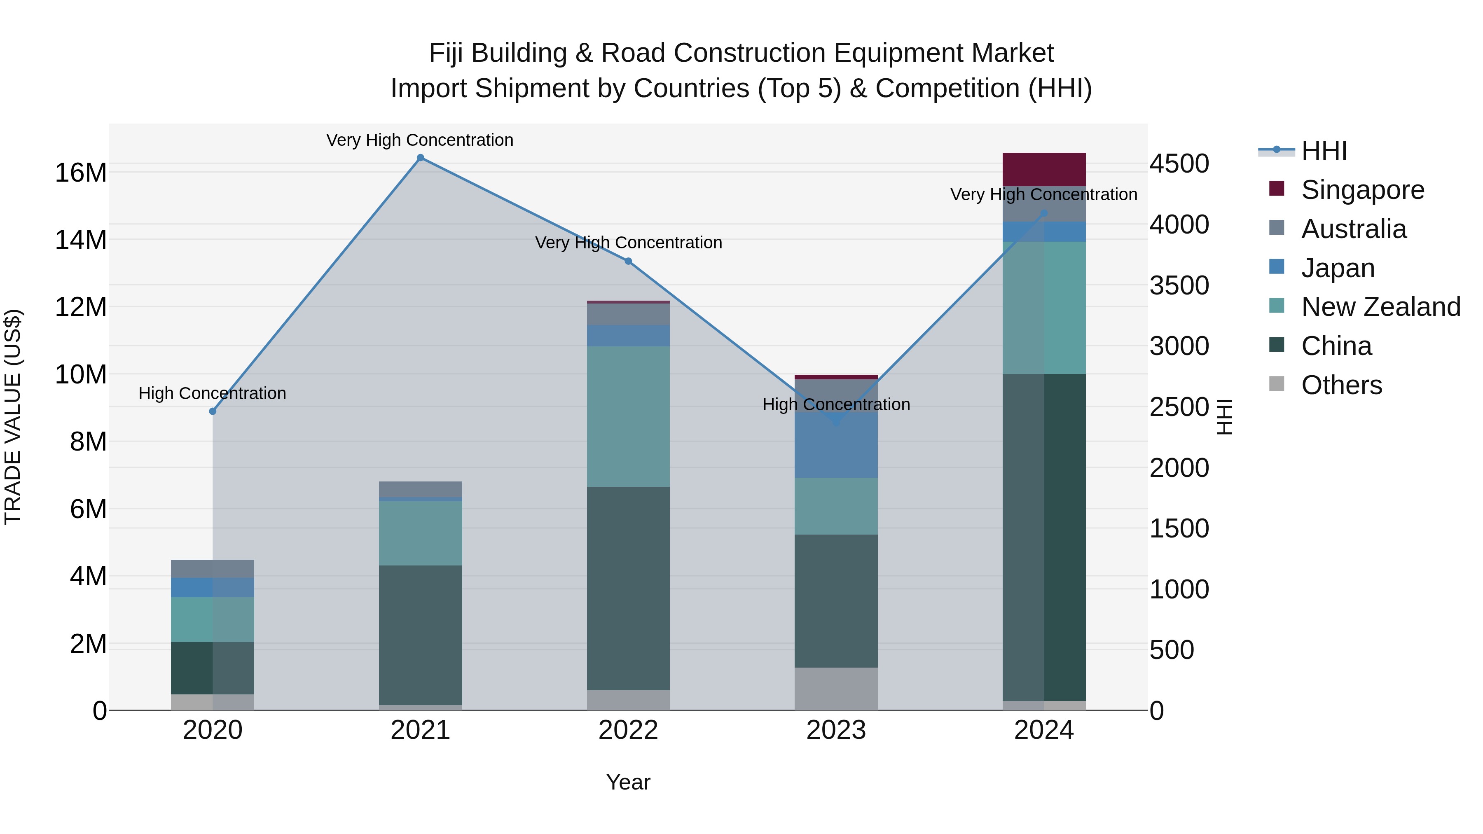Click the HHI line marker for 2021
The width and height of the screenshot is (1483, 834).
(x=420, y=158)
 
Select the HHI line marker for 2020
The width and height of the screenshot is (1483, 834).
(x=213, y=411)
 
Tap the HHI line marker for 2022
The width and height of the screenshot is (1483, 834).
(x=628, y=261)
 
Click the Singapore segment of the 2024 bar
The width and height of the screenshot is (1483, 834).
(x=1044, y=169)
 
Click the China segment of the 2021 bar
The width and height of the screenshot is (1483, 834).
(x=420, y=634)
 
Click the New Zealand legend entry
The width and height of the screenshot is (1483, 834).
(x=1380, y=307)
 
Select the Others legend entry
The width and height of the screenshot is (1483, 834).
(x=1341, y=385)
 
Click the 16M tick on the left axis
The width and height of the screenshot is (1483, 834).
(x=81, y=173)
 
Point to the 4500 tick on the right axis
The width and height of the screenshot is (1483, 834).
(x=1179, y=164)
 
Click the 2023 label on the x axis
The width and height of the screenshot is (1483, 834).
(x=836, y=730)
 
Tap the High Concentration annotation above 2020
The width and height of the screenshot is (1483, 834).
(x=213, y=393)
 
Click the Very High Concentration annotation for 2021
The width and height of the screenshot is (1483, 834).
(x=420, y=140)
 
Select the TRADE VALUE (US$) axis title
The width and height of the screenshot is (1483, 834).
(x=13, y=417)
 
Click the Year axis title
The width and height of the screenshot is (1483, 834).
(x=628, y=782)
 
